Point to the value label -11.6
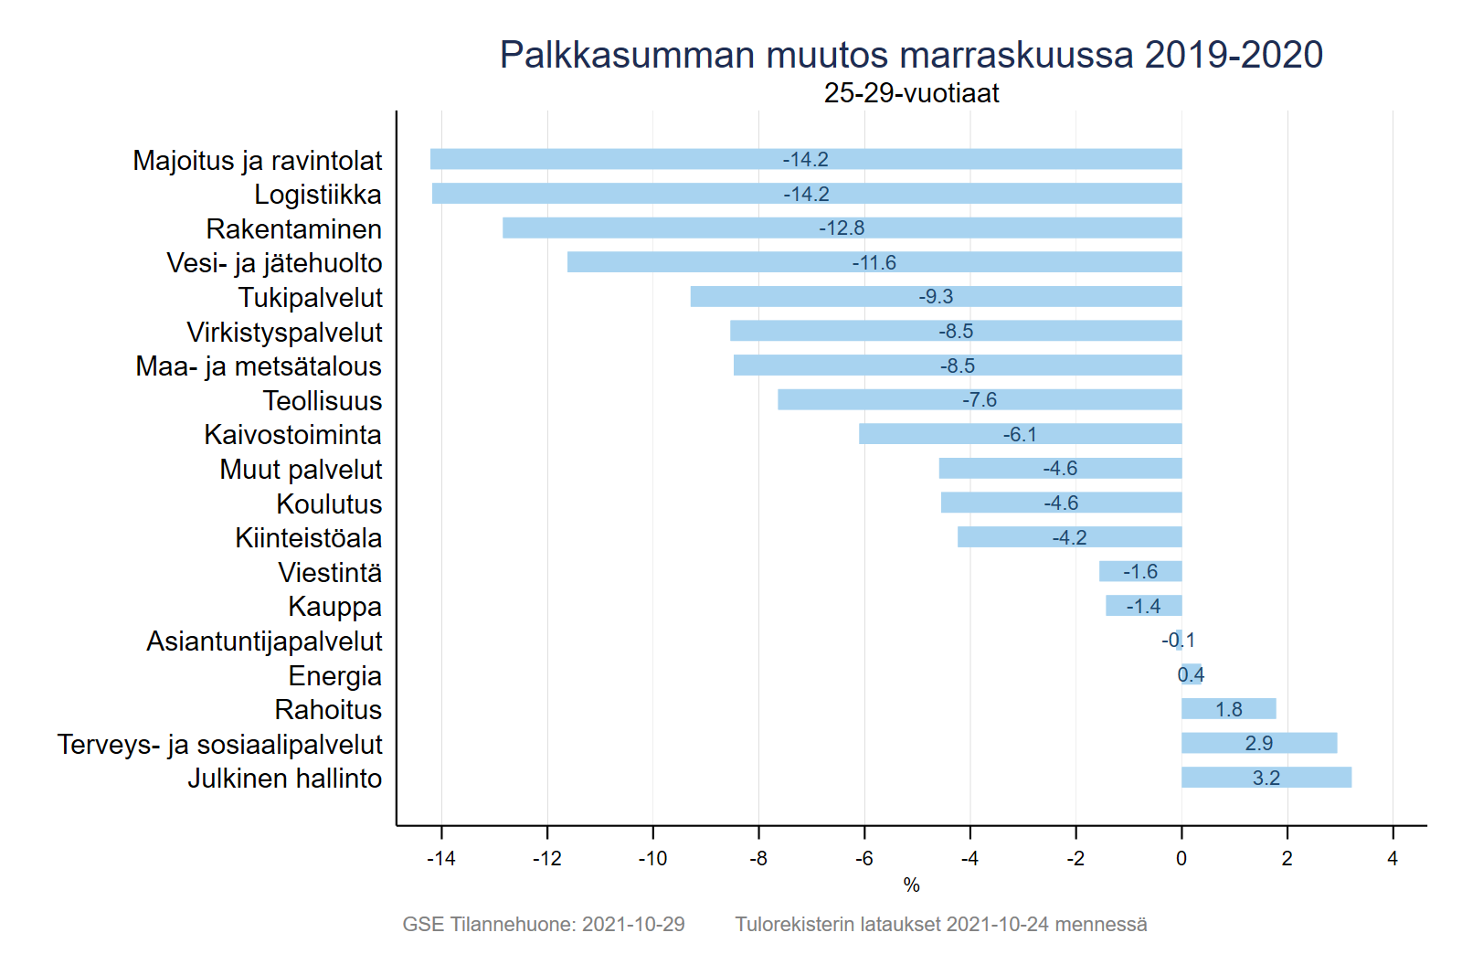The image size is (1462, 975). pyautogui.click(x=874, y=263)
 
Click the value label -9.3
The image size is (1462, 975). pyautogui.click(x=936, y=297)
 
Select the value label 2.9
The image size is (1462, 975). pyautogui.click(x=1259, y=744)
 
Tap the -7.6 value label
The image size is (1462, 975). pyautogui.click(x=979, y=400)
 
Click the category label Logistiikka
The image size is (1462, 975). pyautogui.click(x=318, y=195)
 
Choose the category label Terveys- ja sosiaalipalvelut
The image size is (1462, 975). pyautogui.click(x=219, y=745)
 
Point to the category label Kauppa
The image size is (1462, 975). pyautogui.click(x=334, y=607)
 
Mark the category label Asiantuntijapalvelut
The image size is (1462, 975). pyautogui.click(x=264, y=641)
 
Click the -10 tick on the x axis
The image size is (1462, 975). pyautogui.click(x=652, y=859)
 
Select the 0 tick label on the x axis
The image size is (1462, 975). pyautogui.click(x=1181, y=859)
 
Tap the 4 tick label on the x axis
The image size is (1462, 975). pyautogui.click(x=1393, y=859)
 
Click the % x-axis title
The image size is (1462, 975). pyautogui.click(x=911, y=885)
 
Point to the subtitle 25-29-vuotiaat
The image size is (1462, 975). pyautogui.click(x=911, y=93)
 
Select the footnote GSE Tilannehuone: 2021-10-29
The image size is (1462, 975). pyautogui.click(x=544, y=925)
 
